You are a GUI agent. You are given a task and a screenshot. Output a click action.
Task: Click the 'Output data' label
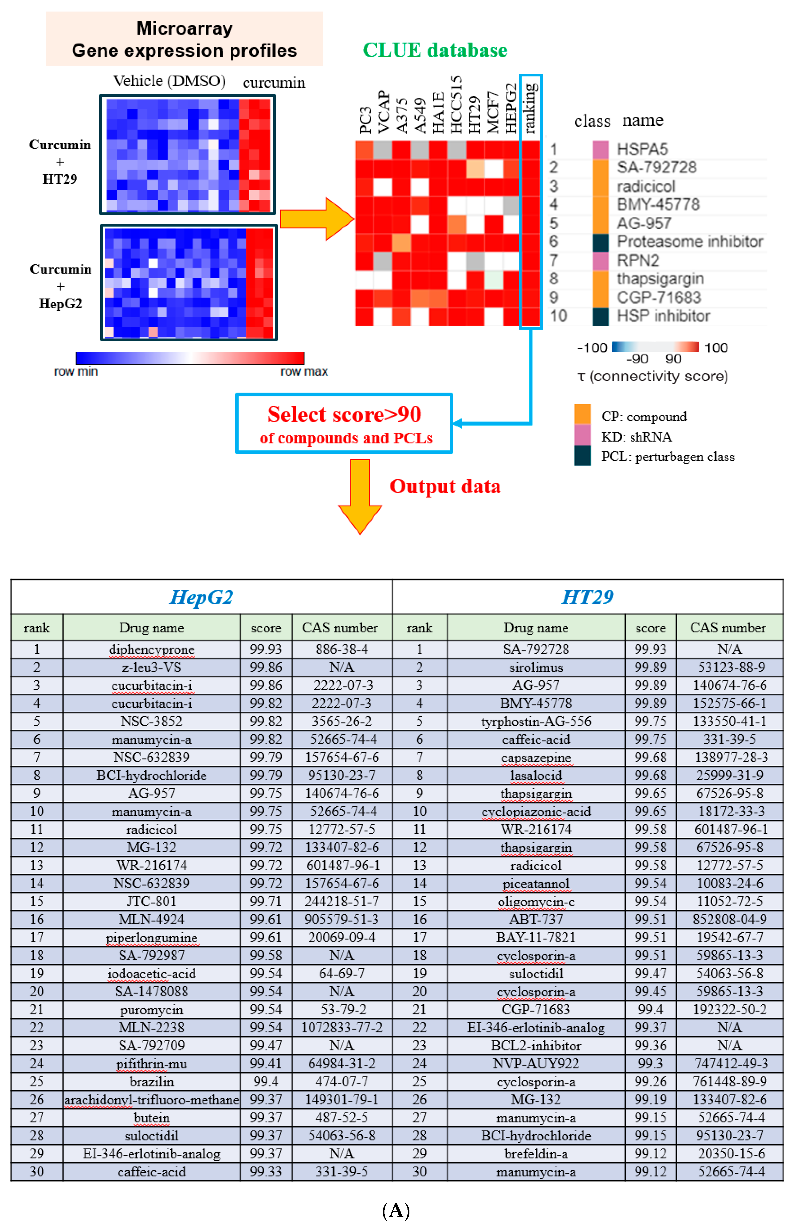tap(445, 486)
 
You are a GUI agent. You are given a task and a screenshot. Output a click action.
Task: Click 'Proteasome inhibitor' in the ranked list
tap(689, 242)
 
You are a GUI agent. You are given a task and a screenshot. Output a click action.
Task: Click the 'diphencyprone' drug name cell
tap(151, 649)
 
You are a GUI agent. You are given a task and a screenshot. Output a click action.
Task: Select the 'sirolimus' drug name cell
tap(536, 667)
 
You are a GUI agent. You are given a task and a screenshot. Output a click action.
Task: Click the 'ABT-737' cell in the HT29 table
tap(536, 919)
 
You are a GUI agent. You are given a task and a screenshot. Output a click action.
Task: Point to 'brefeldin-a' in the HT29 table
tap(536, 1153)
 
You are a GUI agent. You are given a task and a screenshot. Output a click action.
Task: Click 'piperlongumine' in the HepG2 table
tap(151, 937)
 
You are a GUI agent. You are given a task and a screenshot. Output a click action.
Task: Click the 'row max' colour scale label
tap(304, 371)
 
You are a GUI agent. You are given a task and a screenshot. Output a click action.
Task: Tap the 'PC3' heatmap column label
tap(365, 120)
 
